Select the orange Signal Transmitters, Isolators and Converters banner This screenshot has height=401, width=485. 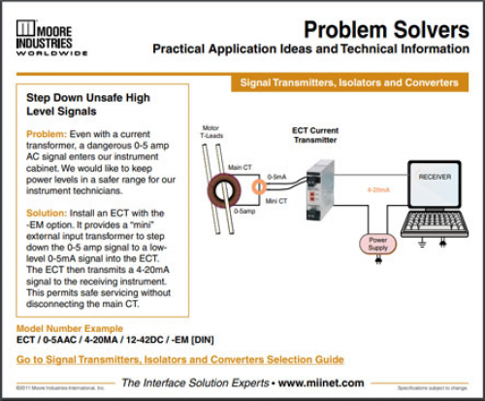pyautogui.click(x=349, y=83)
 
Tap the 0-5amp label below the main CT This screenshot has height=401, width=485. pyautogui.click(x=245, y=210)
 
